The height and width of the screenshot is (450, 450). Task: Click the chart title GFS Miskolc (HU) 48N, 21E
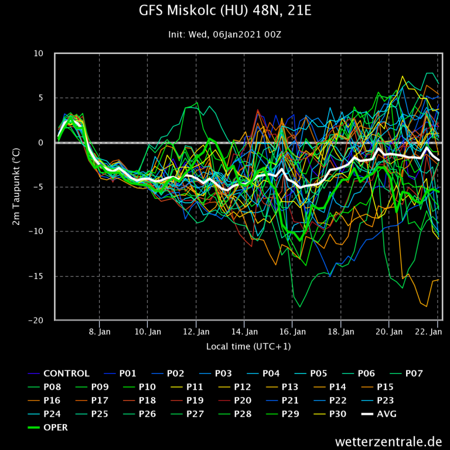click(x=225, y=11)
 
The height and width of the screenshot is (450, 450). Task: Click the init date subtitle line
click(x=225, y=35)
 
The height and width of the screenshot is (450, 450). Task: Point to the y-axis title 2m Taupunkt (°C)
click(x=18, y=187)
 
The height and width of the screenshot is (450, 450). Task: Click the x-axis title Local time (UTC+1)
click(x=248, y=346)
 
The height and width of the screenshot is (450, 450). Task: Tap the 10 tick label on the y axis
click(x=38, y=54)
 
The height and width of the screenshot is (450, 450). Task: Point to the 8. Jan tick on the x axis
click(x=100, y=331)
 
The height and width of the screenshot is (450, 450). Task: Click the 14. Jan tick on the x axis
click(x=244, y=331)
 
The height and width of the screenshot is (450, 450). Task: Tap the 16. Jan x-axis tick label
click(x=292, y=331)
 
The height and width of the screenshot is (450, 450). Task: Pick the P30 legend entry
click(x=337, y=414)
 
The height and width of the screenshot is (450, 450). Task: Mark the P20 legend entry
click(x=242, y=400)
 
